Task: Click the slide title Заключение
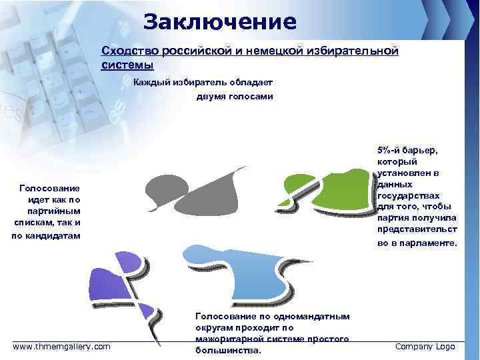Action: pyautogui.click(x=219, y=22)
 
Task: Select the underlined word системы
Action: pyautogui.click(x=127, y=65)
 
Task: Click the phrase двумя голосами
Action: pyautogui.click(x=234, y=97)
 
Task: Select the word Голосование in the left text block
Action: pyautogui.click(x=50, y=189)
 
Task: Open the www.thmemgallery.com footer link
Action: pyautogui.click(x=62, y=346)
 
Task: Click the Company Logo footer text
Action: pyautogui.click(x=425, y=346)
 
